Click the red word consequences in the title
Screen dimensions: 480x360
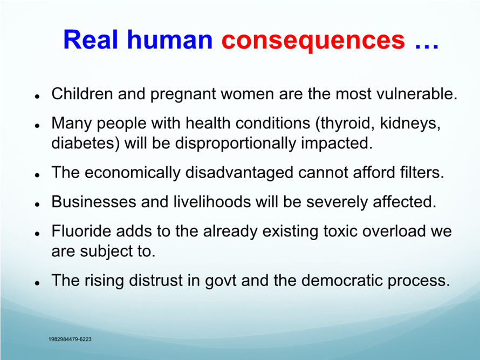[313, 40]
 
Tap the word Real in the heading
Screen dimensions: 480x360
[91, 39]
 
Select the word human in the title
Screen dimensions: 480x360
[170, 39]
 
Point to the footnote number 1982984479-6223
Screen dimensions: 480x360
[70, 339]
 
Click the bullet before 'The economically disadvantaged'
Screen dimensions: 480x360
[37, 175]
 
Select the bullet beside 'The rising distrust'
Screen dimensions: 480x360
[37, 283]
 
